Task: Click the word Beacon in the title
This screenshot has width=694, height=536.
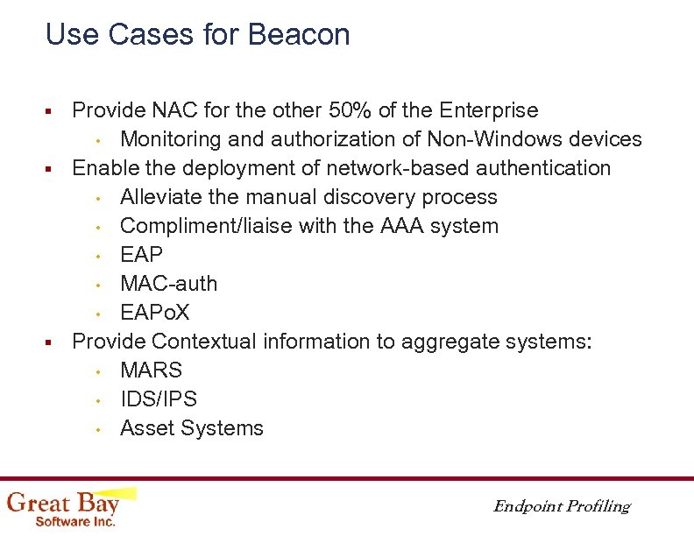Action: pos(299,35)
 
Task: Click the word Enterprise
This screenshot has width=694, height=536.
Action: pos(489,110)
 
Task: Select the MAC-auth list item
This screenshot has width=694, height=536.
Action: pos(168,284)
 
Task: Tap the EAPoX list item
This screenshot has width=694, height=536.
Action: pos(155,313)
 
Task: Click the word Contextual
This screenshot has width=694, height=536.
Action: pos(203,342)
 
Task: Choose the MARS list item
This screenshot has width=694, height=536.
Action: pos(151,370)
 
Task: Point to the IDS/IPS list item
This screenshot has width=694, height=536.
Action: pos(159,399)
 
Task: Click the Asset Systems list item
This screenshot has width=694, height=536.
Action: pos(191,428)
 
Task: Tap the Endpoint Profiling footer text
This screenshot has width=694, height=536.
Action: pos(561,506)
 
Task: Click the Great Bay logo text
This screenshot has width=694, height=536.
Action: pos(63,503)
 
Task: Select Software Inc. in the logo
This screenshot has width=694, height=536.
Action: pos(74,521)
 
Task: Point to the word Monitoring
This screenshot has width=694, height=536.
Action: pos(172,139)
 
